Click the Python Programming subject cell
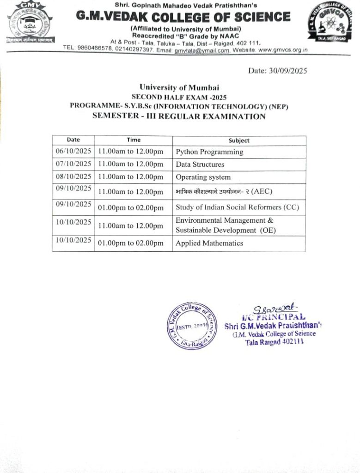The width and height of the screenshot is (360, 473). pyautogui.click(x=209, y=152)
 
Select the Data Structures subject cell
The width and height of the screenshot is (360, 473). pyautogui.click(x=200, y=164)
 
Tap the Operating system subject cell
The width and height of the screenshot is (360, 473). pyautogui.click(x=203, y=177)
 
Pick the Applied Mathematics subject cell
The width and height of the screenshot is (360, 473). pyautogui.click(x=209, y=243)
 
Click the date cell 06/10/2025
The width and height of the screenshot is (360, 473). pyautogui.click(x=73, y=151)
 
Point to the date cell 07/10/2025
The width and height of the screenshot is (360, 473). pyautogui.click(x=73, y=164)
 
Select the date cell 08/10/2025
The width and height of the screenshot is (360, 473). pyautogui.click(x=73, y=176)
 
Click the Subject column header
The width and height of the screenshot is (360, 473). pyautogui.click(x=239, y=140)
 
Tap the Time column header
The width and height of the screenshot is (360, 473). pyautogui.click(x=134, y=140)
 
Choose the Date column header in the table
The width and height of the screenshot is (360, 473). pyautogui.click(x=73, y=139)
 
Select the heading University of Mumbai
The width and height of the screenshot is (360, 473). pyautogui.click(x=179, y=87)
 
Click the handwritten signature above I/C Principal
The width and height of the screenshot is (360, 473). pyautogui.click(x=274, y=308)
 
